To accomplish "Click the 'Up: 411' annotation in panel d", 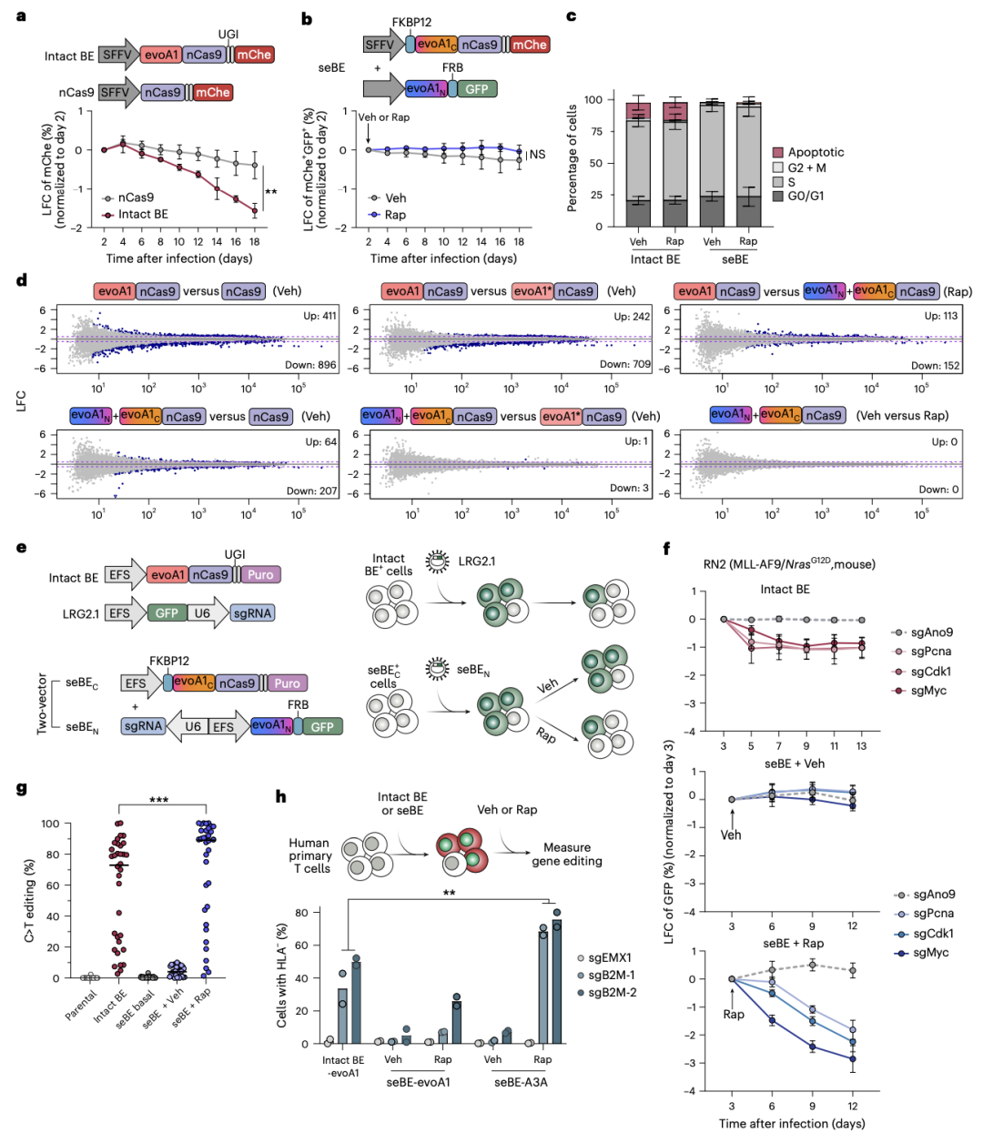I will pos(319,316).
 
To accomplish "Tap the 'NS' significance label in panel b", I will pos(538,155).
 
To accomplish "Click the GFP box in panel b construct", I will pos(477,89).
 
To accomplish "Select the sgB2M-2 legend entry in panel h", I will pos(612,992).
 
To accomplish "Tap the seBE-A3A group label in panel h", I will pos(521,1082).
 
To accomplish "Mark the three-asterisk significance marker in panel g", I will pos(158,801).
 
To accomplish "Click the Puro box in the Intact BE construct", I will pos(260,575).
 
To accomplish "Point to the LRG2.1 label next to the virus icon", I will pos(477,561).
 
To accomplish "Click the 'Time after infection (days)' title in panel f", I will pos(792,1123).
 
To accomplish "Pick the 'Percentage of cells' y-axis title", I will pos(573,158).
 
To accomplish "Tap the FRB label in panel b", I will pos(452,67).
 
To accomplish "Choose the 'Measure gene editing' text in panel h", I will pos(567,854).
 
